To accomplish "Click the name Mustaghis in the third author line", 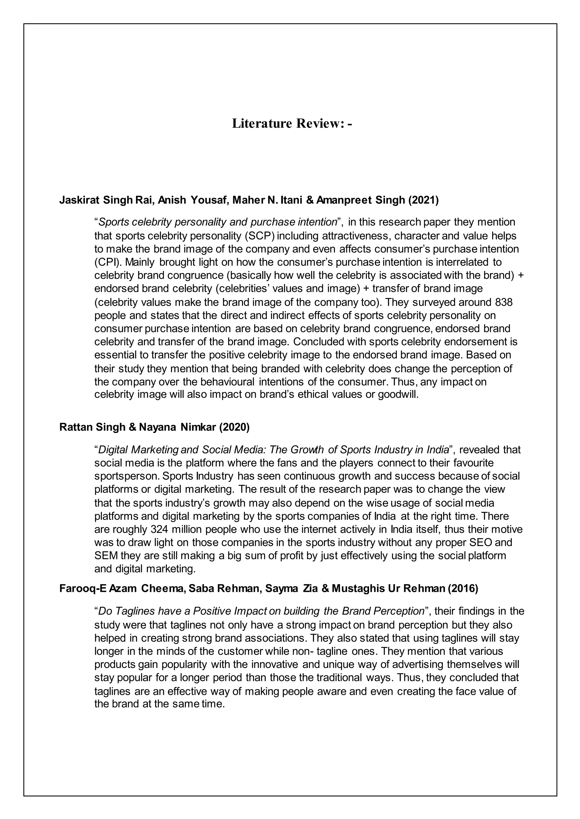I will (x=358, y=589).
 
